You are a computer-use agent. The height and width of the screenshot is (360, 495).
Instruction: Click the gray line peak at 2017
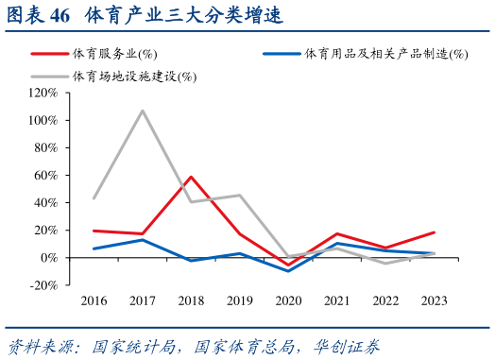click(143, 111)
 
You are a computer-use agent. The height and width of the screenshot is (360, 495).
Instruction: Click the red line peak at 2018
click(192, 177)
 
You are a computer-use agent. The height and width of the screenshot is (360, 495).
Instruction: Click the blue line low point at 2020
click(287, 271)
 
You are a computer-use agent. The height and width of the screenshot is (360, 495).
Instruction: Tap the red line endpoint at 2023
click(434, 232)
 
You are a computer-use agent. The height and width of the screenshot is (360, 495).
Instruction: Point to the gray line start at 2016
click(94, 198)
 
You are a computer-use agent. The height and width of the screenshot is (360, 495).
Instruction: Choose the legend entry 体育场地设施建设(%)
click(131, 76)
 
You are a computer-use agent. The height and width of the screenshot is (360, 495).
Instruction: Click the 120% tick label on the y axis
click(43, 94)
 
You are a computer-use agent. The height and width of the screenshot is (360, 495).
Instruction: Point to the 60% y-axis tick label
click(46, 176)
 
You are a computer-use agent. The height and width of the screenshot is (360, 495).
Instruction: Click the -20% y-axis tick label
click(44, 285)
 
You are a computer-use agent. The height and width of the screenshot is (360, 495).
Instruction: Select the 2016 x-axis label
click(94, 300)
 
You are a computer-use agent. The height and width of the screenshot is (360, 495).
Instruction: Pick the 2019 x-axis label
click(240, 300)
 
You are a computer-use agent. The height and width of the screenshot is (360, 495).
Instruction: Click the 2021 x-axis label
click(337, 300)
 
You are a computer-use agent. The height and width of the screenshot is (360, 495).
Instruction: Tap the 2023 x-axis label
click(434, 300)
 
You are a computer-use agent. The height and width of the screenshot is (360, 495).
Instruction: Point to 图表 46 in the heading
click(38, 16)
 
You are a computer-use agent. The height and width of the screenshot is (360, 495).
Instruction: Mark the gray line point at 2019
click(240, 196)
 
